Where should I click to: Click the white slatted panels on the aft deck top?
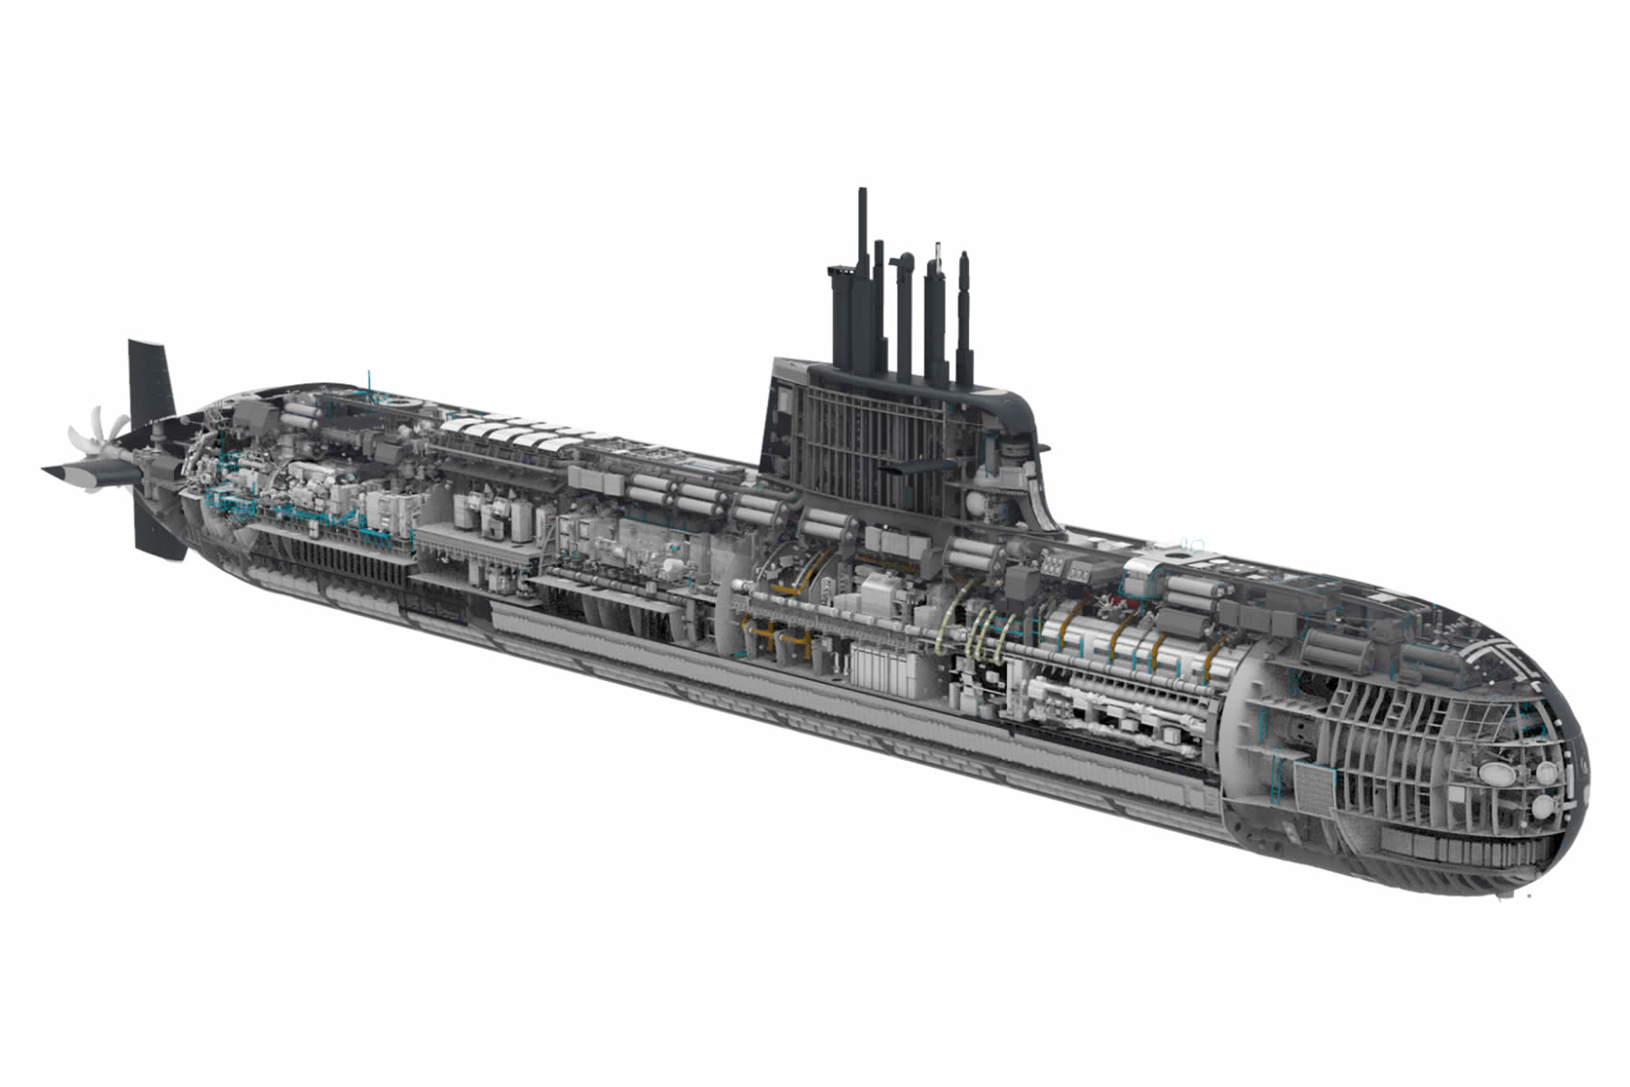point(507,433)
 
